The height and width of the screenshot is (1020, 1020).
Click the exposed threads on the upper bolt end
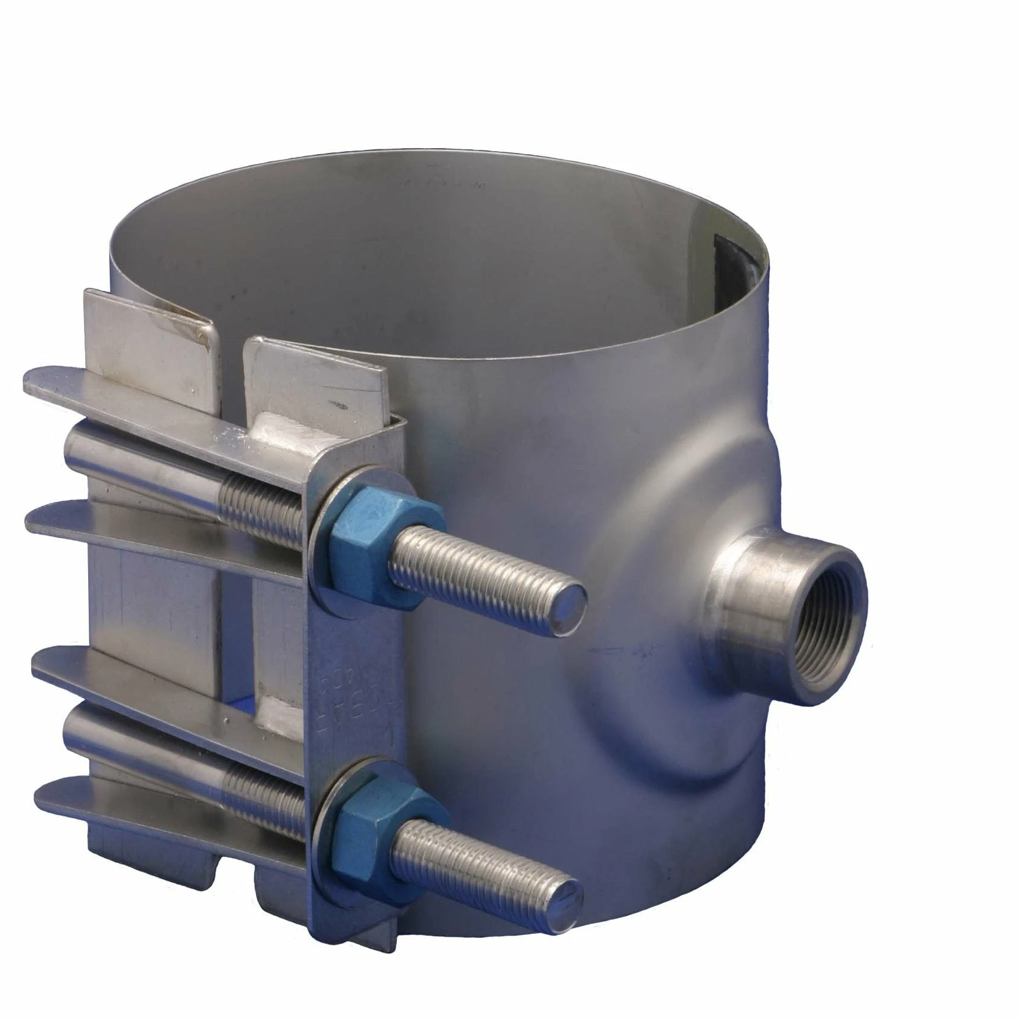coord(480,576)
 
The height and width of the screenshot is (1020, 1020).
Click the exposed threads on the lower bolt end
coord(480,863)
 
